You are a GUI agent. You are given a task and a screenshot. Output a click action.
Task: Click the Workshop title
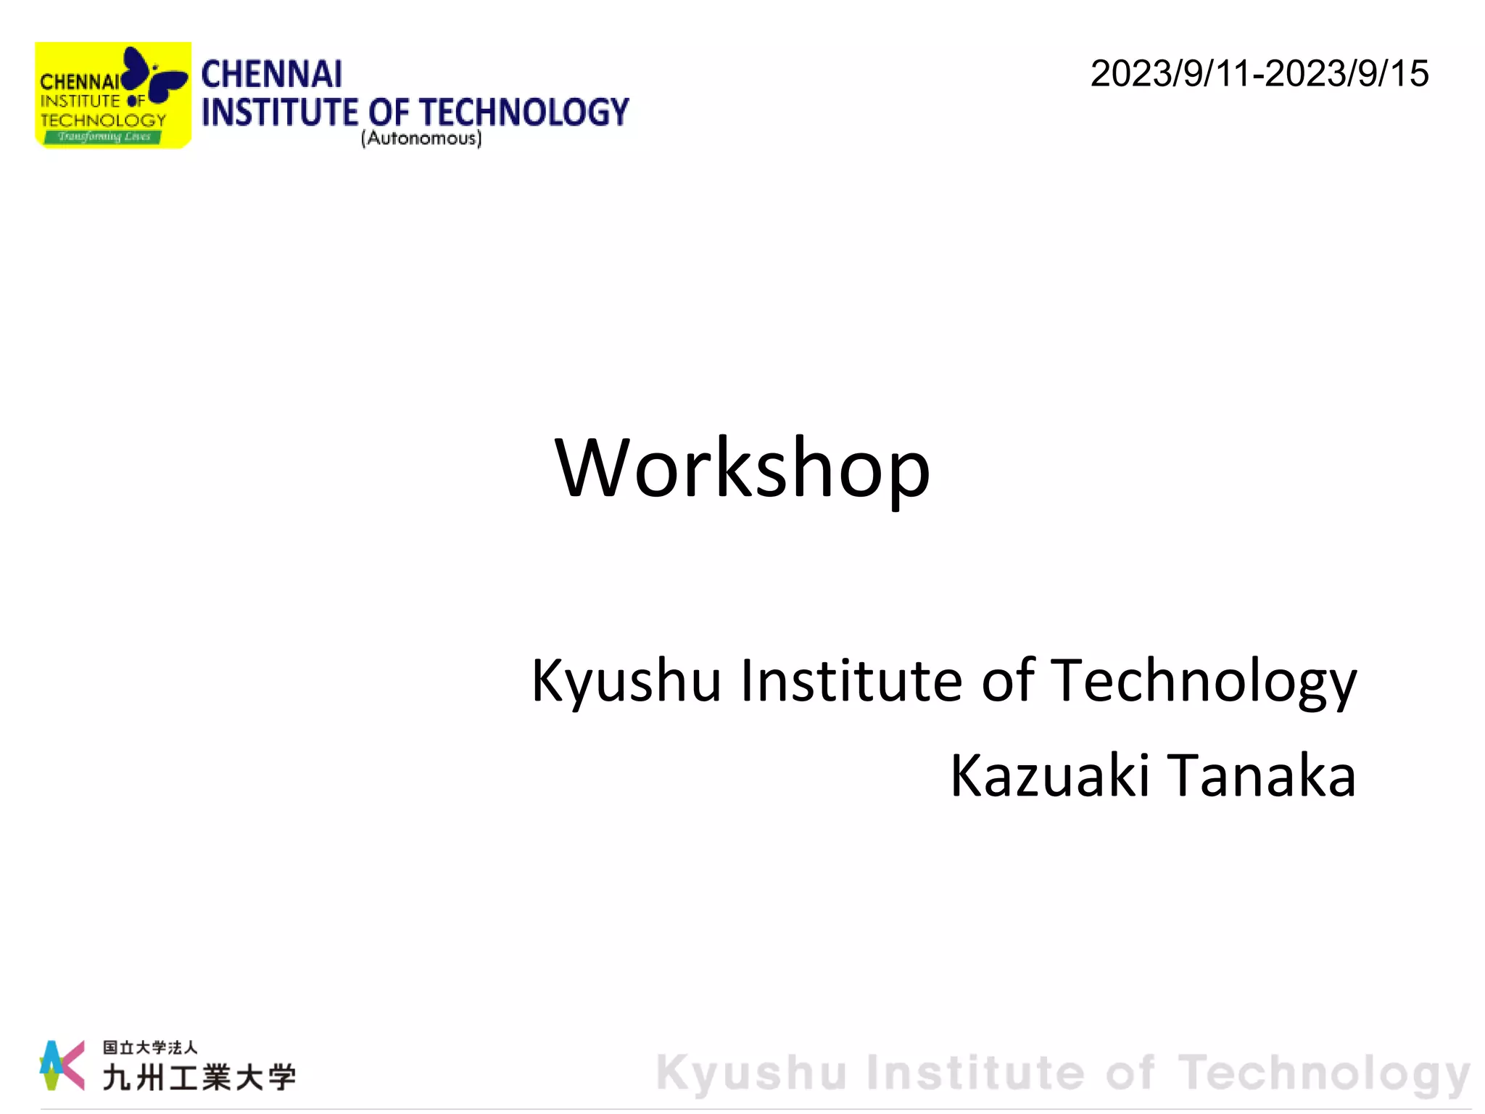(x=742, y=469)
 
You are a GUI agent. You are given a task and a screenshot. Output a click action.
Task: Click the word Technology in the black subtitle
(x=1203, y=682)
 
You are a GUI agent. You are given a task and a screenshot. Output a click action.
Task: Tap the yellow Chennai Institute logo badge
(x=112, y=95)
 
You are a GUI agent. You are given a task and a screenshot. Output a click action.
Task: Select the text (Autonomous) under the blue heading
(x=421, y=138)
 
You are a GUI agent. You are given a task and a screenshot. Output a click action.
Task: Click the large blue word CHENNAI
(x=271, y=75)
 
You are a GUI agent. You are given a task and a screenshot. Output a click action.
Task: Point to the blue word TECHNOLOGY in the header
(x=524, y=112)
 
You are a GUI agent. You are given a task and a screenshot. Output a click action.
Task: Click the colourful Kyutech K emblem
(x=61, y=1065)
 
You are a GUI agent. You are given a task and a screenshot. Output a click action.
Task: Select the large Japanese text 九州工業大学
(x=199, y=1077)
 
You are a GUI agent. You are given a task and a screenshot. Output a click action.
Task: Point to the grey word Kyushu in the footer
(x=751, y=1073)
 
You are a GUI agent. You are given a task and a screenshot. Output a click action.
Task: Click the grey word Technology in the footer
(x=1324, y=1073)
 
